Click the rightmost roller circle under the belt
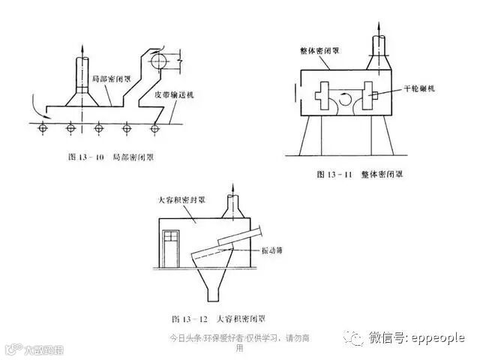pyautogui.click(x=154, y=129)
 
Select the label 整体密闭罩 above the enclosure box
pyautogui.click(x=315, y=51)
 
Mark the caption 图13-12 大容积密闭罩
pyautogui.click(x=208, y=318)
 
